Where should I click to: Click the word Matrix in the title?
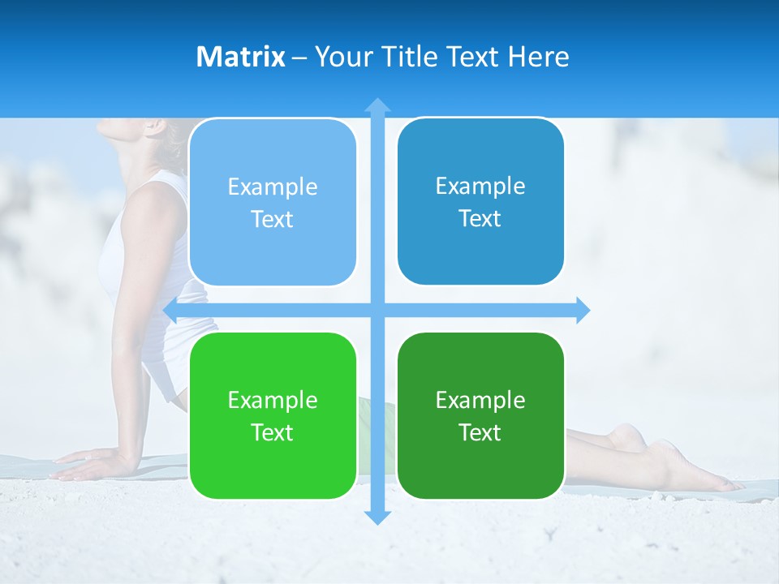(240, 57)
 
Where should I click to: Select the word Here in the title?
(538, 57)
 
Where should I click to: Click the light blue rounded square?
(273, 202)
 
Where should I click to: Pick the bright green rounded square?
(273, 415)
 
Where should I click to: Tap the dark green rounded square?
(480, 415)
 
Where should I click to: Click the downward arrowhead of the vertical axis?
(377, 517)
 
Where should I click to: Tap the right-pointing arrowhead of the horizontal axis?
(582, 310)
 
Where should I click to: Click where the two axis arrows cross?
(377, 310)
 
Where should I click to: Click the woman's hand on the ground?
(85, 466)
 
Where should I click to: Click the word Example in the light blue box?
(273, 187)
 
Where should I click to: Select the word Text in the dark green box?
(480, 432)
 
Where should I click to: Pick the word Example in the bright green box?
(273, 400)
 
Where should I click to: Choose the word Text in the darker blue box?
(480, 218)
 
